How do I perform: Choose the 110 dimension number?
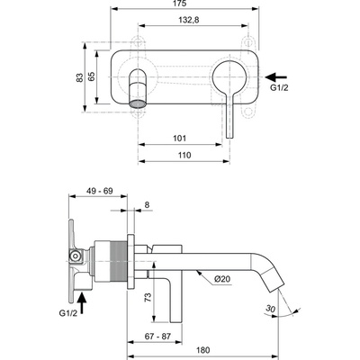[x=184, y=155]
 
